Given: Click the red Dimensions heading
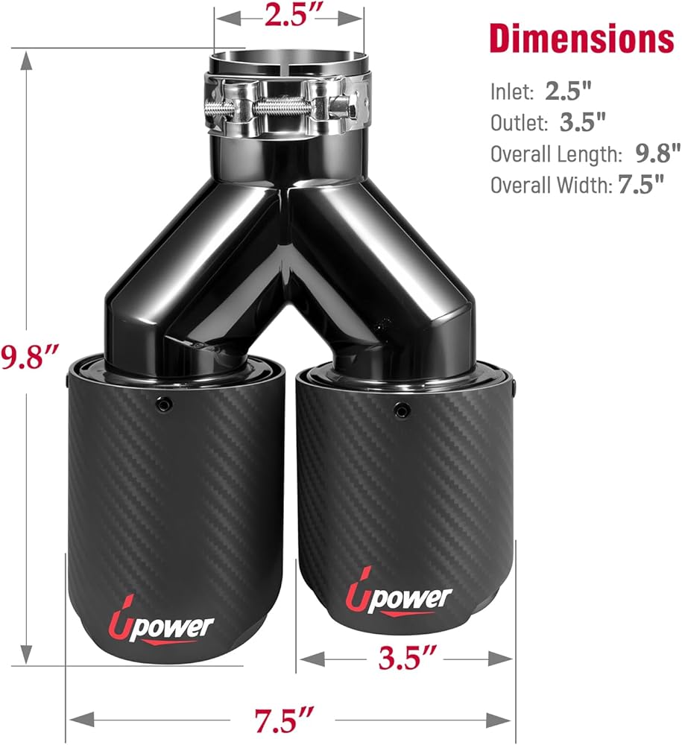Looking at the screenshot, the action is coord(581,39).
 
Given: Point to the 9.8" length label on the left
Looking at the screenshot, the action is coord(29,356).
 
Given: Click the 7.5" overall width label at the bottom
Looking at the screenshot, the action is coord(284,720).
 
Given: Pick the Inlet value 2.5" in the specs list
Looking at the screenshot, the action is coord(569,90).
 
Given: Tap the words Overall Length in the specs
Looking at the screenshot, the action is coord(556,154).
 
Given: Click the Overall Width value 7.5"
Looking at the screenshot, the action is coord(641,184).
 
